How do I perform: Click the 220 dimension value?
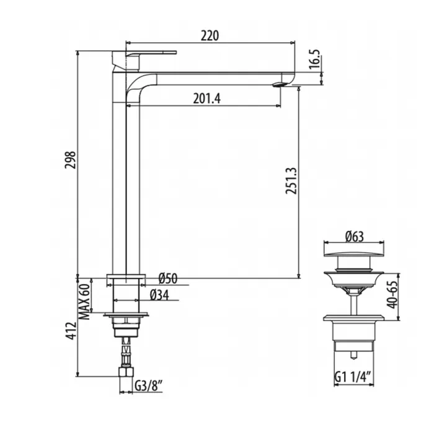[x=210, y=36]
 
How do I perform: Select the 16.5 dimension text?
[x=314, y=60]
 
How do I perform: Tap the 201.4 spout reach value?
[x=206, y=98]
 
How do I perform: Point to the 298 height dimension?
[x=70, y=160]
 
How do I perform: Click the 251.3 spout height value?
[x=291, y=180]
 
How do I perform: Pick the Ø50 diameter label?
[x=168, y=278]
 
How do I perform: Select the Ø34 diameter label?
[x=159, y=295]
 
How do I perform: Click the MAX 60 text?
[x=85, y=302]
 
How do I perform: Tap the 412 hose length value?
[x=71, y=330]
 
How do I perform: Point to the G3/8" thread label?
[x=148, y=386]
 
